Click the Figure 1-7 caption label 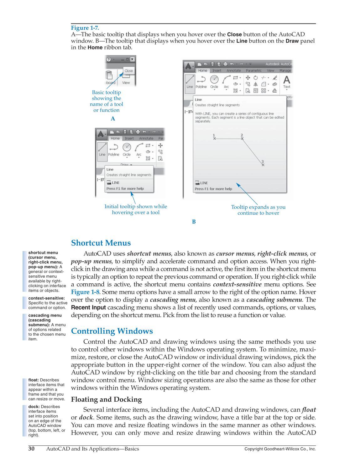point(85,28)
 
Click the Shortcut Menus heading point(101,243)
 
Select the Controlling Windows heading point(112,331)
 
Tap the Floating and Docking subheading point(106,399)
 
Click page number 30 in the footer point(31,449)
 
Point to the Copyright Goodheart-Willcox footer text point(280,449)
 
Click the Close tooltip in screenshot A point(128,71)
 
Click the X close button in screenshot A point(132,59)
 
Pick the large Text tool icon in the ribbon point(286,81)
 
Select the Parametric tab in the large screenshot point(253,71)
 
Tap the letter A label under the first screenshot point(113,119)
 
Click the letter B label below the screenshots point(194,222)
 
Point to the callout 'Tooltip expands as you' point(258,207)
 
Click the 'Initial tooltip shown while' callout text point(136,206)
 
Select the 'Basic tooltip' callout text point(106,92)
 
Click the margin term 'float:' point(34,380)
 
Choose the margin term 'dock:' point(34,407)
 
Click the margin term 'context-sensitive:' point(46,298)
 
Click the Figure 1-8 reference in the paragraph point(85,292)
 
